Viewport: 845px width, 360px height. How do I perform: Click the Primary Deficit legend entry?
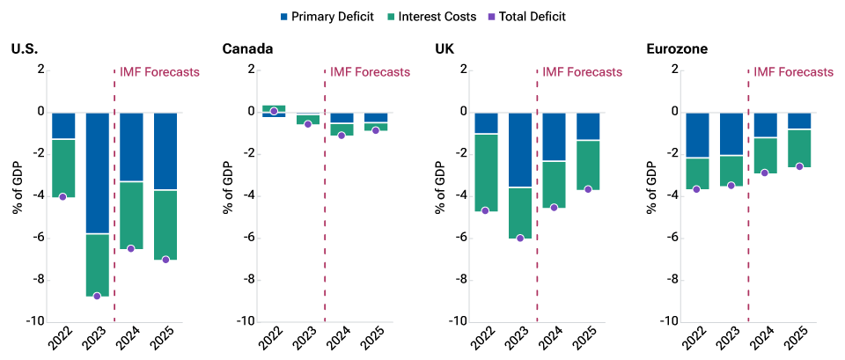(x=325, y=16)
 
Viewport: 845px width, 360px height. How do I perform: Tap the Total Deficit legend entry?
(x=550, y=16)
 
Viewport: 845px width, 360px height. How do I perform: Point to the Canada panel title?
(x=247, y=48)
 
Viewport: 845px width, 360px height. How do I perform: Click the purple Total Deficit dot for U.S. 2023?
(x=97, y=296)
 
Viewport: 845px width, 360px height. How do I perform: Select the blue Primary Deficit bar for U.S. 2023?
(x=97, y=173)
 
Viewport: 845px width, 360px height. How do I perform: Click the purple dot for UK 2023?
(x=520, y=238)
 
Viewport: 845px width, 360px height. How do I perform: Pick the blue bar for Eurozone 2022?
(x=697, y=135)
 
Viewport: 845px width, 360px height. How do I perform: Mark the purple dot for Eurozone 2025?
(x=799, y=166)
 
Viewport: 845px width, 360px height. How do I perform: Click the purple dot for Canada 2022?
(x=274, y=111)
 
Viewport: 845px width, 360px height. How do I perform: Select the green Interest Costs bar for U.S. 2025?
(x=165, y=224)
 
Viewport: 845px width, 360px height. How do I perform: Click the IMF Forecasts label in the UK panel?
(x=582, y=72)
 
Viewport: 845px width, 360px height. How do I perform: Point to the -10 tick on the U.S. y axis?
(x=33, y=322)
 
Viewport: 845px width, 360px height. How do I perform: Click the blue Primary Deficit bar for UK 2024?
(x=555, y=136)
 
